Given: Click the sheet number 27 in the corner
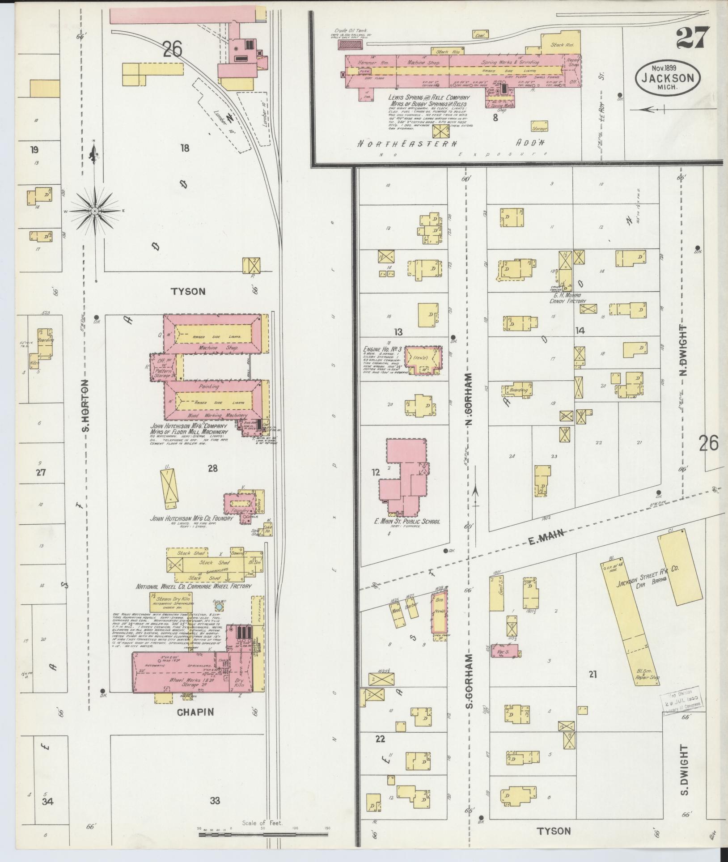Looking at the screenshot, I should (693, 38).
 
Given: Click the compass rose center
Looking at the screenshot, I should (95, 210).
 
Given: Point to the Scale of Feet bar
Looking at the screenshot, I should (264, 835).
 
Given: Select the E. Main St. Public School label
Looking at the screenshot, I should (407, 521).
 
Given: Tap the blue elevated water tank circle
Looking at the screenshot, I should (219, 607).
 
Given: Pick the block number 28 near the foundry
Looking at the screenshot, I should (212, 468).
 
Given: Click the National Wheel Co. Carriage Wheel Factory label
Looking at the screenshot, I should (194, 586).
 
